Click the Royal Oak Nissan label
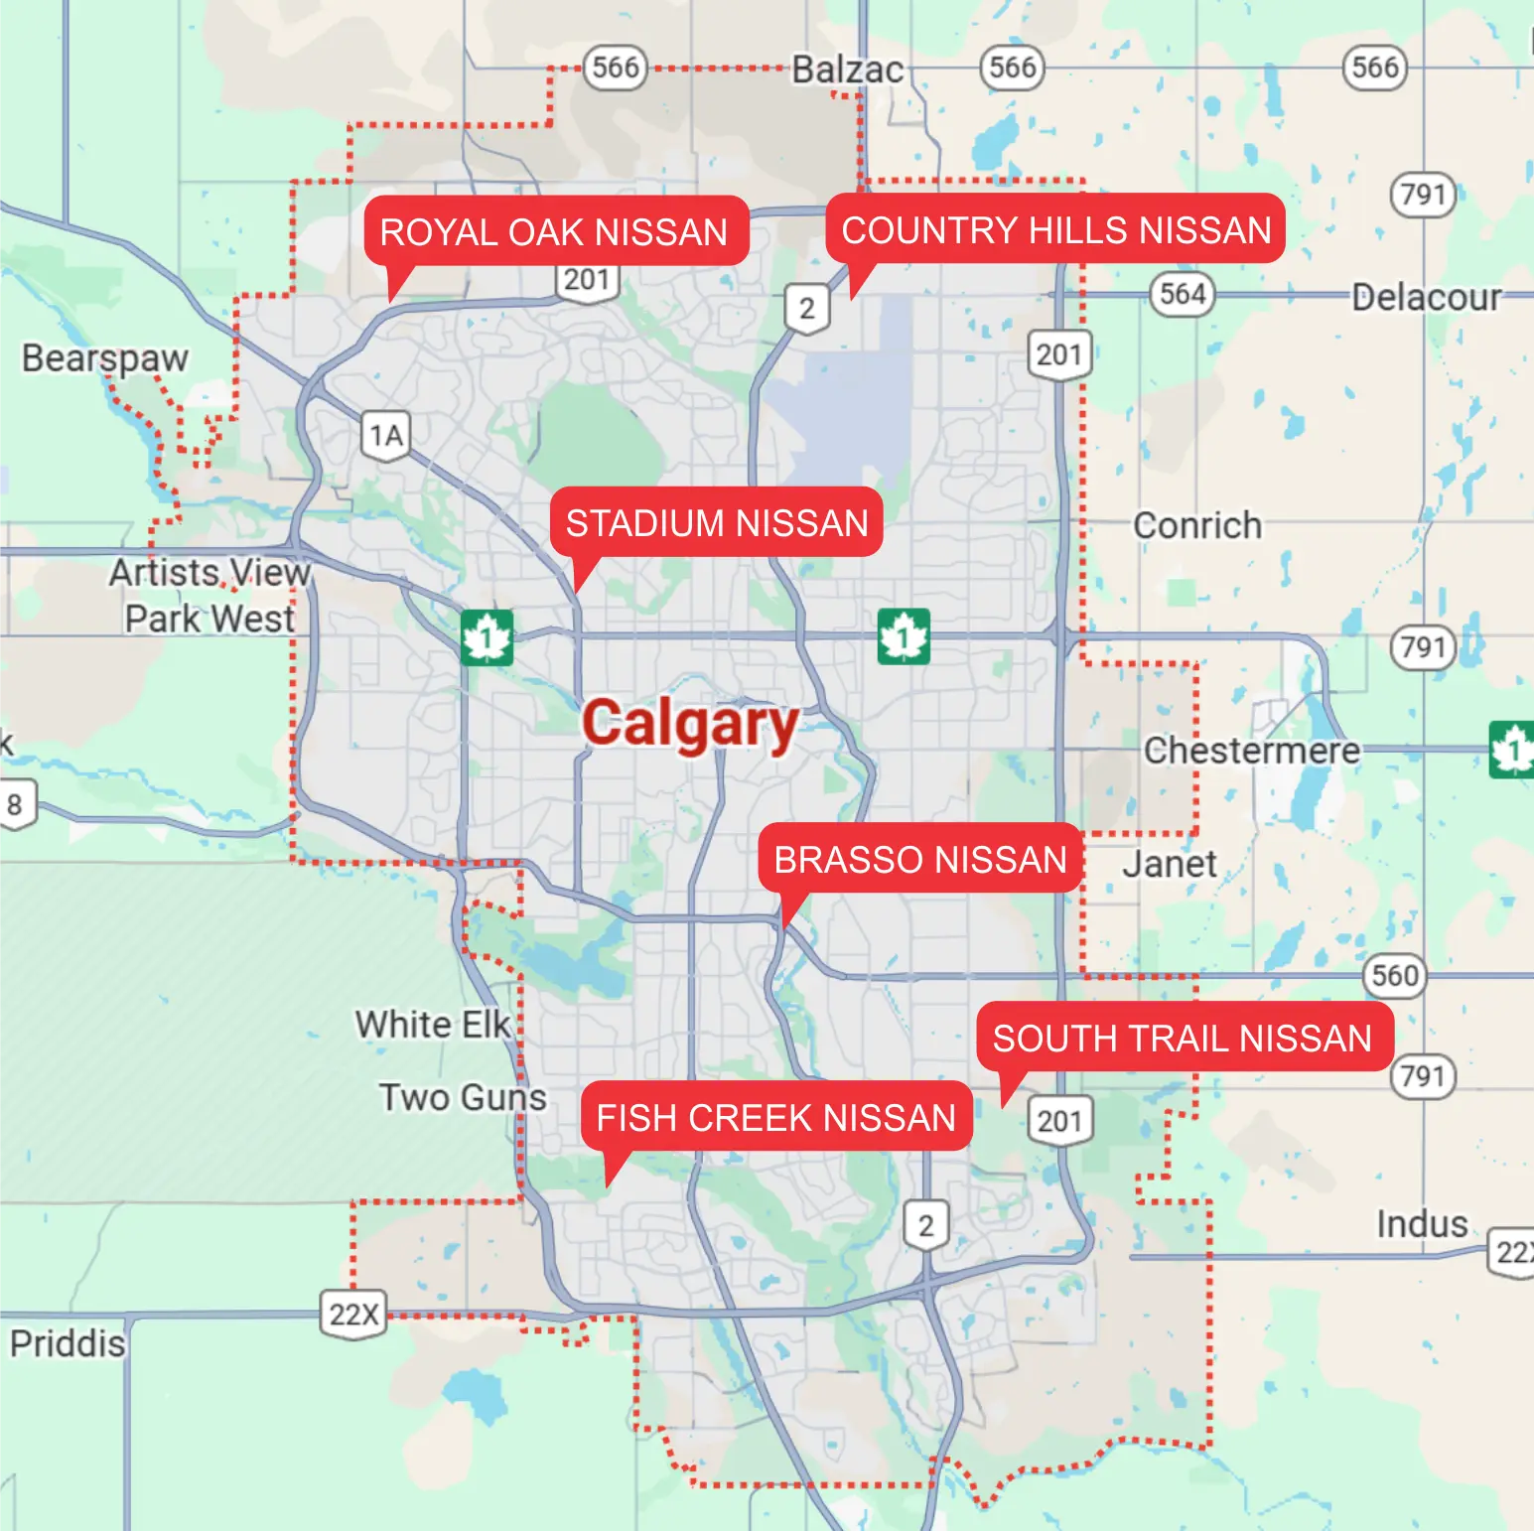[554, 231]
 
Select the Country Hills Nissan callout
[1056, 229]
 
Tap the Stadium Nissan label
[717, 522]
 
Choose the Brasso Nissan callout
[919, 859]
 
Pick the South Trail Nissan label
[1183, 1038]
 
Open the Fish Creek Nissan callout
[775, 1117]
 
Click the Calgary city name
[690, 724]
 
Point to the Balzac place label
[847, 70]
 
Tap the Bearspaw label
[105, 357]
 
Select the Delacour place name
[1426, 297]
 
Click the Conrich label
[1197, 525]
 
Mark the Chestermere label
[1252, 751]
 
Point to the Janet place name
[1170, 864]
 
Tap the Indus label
[1422, 1224]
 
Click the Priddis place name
[68, 1343]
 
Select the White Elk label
[433, 1024]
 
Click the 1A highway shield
[386, 436]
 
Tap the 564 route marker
[1183, 294]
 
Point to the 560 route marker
[1394, 975]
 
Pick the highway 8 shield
[15, 804]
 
